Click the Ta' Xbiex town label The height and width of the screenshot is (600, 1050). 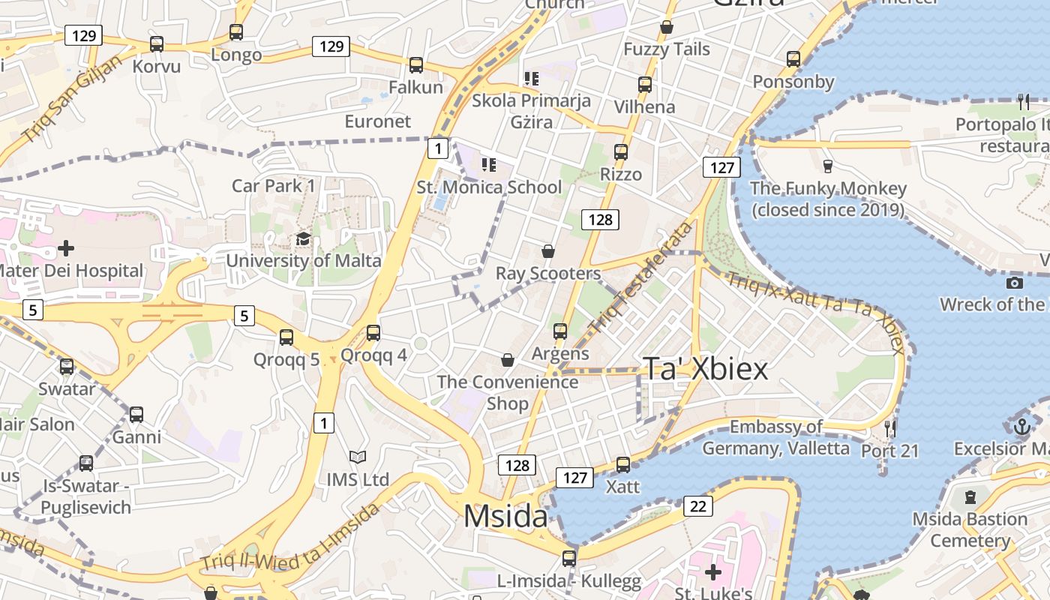pyautogui.click(x=706, y=369)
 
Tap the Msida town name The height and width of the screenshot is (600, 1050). pyautogui.click(x=505, y=516)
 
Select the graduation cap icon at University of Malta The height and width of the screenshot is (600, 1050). pyautogui.click(x=303, y=239)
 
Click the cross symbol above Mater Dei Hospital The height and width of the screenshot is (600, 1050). pyautogui.click(x=66, y=247)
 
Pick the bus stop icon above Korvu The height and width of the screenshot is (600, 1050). pyautogui.click(x=157, y=44)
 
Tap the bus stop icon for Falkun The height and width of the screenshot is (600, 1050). pyautogui.click(x=416, y=65)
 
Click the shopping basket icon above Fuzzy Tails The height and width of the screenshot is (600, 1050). pyautogui.click(x=667, y=28)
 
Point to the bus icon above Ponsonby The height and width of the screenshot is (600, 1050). pyautogui.click(x=793, y=59)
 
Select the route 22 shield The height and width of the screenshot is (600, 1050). pyautogui.click(x=697, y=506)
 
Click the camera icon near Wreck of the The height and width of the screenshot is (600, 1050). pyautogui.click(x=1015, y=283)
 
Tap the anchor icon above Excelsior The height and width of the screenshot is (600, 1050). pyautogui.click(x=1021, y=427)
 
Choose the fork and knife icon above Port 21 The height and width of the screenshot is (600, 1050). pyautogui.click(x=890, y=429)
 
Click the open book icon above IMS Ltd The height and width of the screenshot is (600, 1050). pyautogui.click(x=358, y=457)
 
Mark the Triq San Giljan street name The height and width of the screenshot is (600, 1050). pyautogui.click(x=70, y=99)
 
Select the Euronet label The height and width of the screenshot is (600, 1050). pyautogui.click(x=378, y=121)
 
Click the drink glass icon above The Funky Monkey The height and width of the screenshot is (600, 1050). pyautogui.click(x=828, y=166)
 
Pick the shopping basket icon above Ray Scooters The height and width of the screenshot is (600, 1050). pyautogui.click(x=548, y=251)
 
